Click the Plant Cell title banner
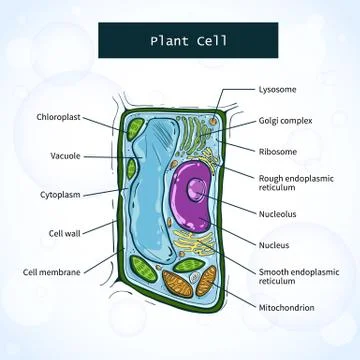180,42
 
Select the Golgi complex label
285,121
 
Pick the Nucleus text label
276,245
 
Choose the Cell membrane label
52,271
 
